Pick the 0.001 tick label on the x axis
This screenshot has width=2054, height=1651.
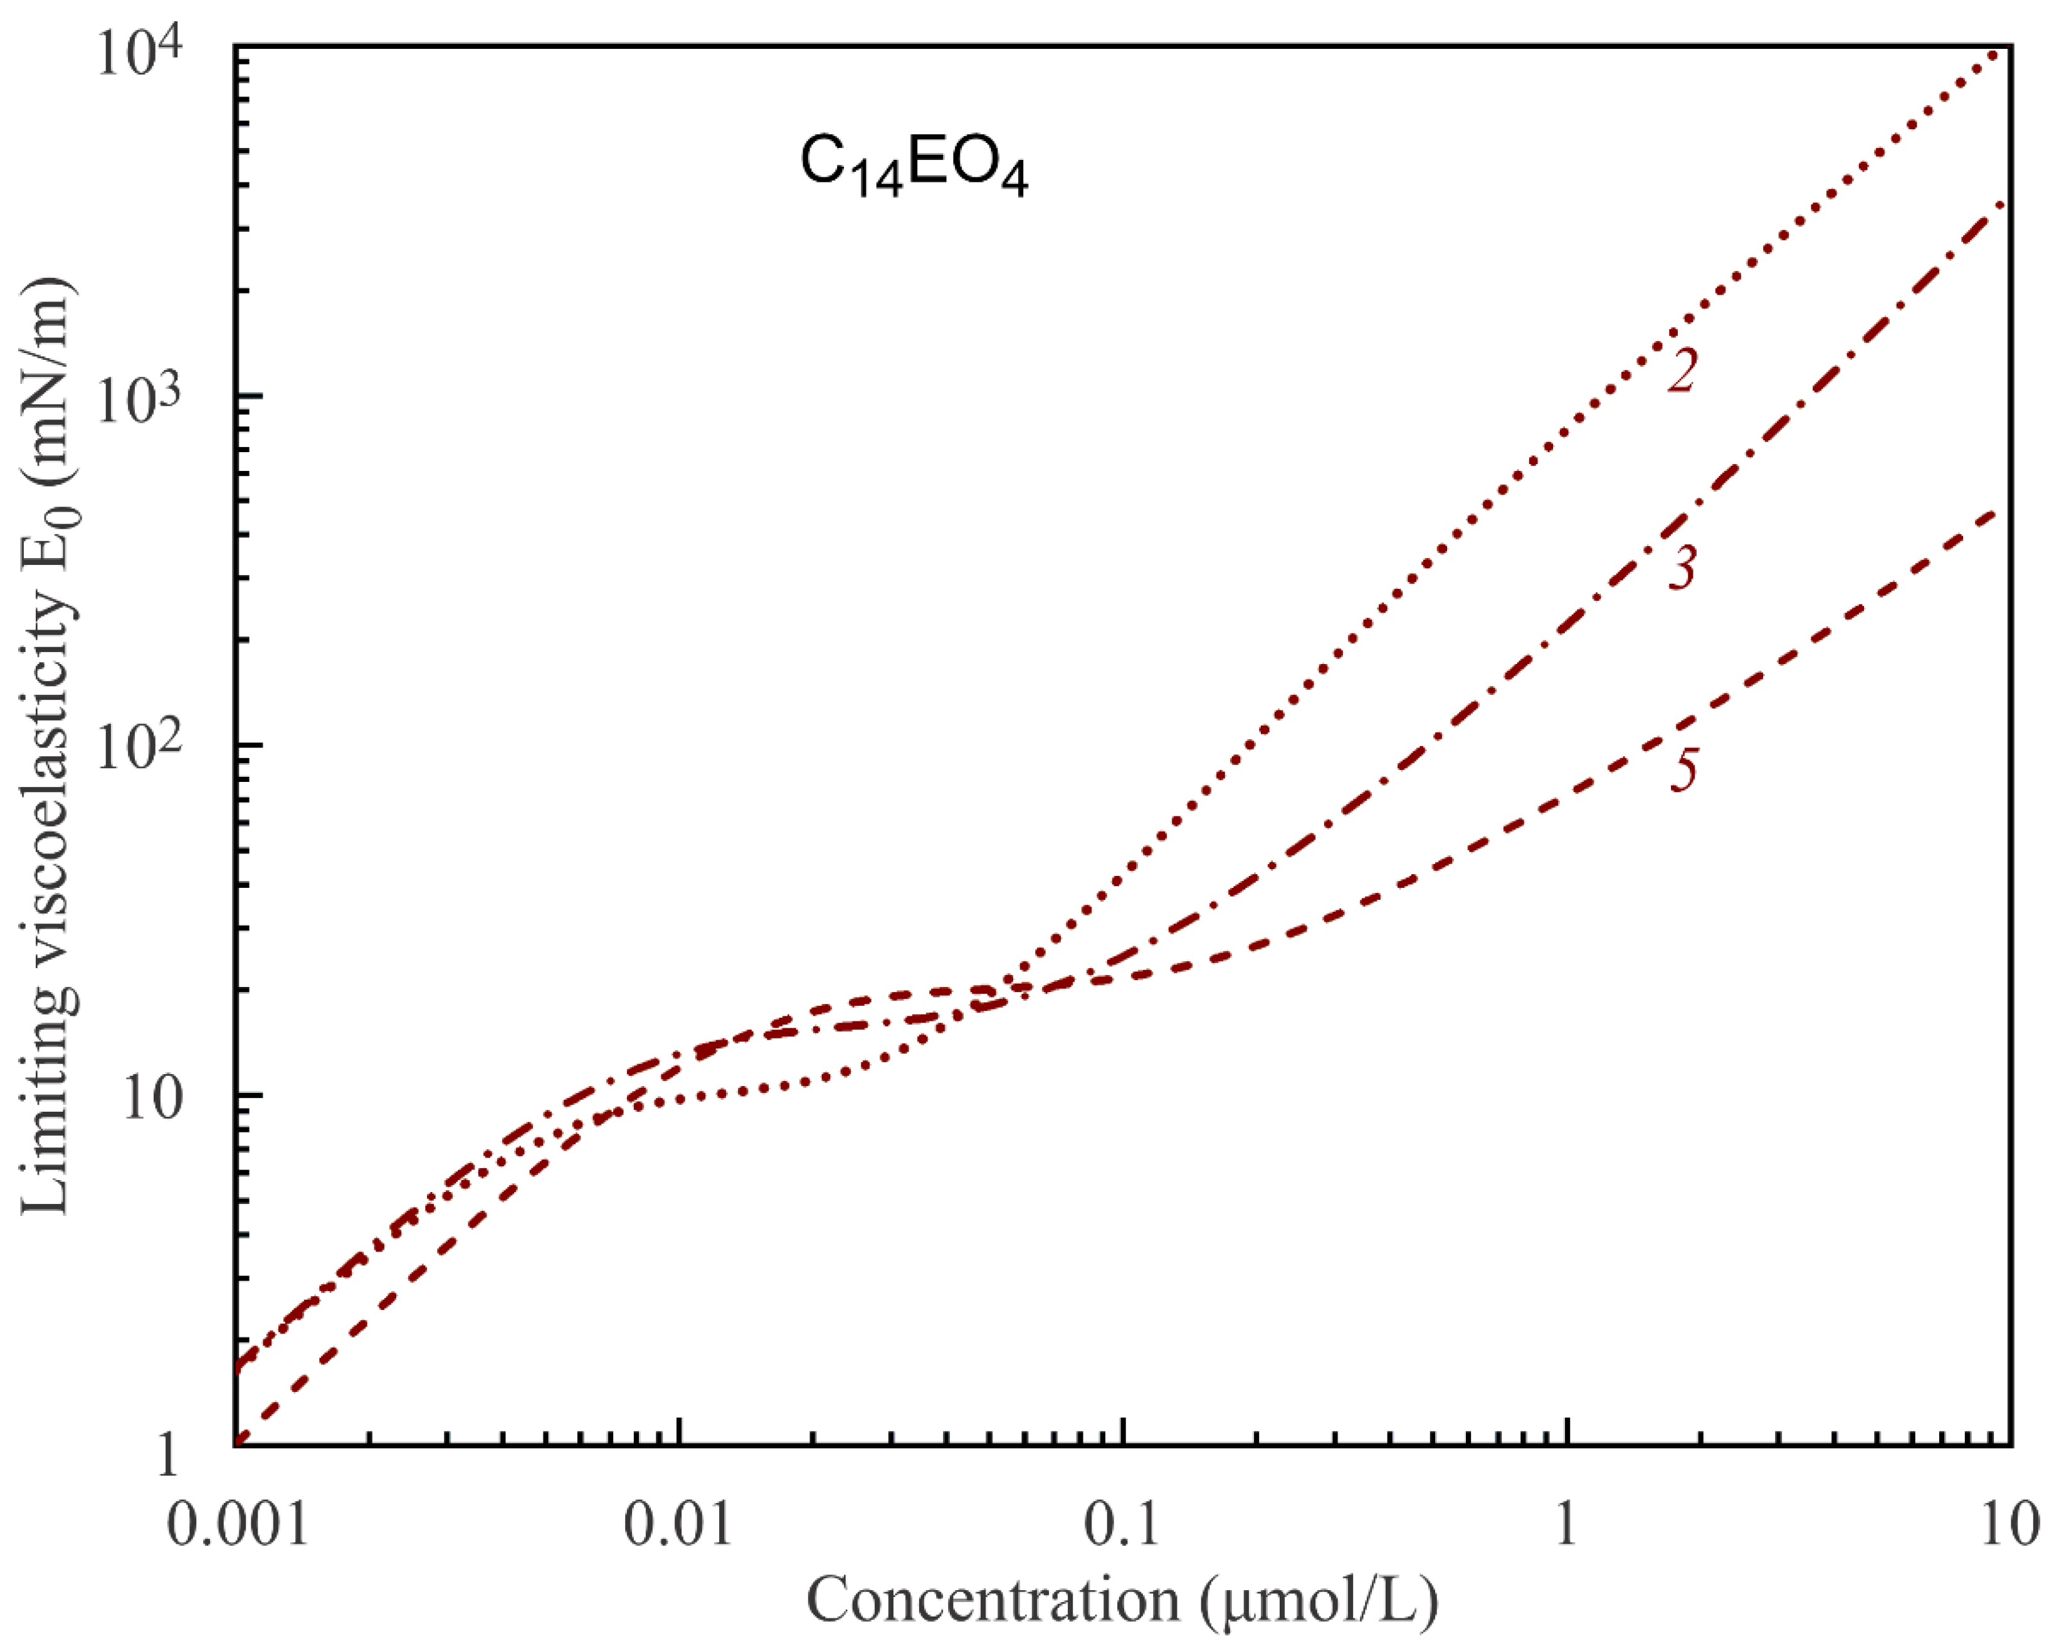pyautogui.click(x=239, y=1523)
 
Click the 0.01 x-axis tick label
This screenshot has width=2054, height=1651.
pyautogui.click(x=678, y=1523)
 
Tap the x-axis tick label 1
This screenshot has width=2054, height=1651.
pyautogui.click(x=1566, y=1523)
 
